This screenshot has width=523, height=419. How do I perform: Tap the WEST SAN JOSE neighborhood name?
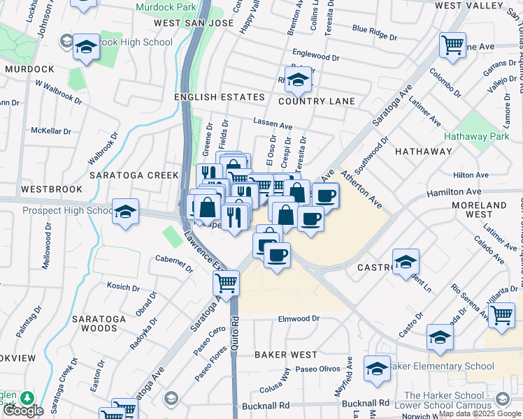pos(193,23)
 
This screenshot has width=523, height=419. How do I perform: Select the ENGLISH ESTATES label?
pos(220,97)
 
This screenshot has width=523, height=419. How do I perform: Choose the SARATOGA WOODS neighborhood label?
pos(99,323)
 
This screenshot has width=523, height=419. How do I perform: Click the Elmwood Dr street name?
pos(299,318)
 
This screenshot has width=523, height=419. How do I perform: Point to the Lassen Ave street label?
pos(273,124)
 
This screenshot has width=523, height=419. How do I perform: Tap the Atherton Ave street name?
pos(361,189)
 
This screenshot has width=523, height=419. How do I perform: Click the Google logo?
pos(23,411)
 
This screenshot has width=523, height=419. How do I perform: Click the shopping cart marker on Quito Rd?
pos(226,284)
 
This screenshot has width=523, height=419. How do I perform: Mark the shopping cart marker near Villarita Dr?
pos(501,315)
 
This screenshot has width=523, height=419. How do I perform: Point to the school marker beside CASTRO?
pos(406,262)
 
